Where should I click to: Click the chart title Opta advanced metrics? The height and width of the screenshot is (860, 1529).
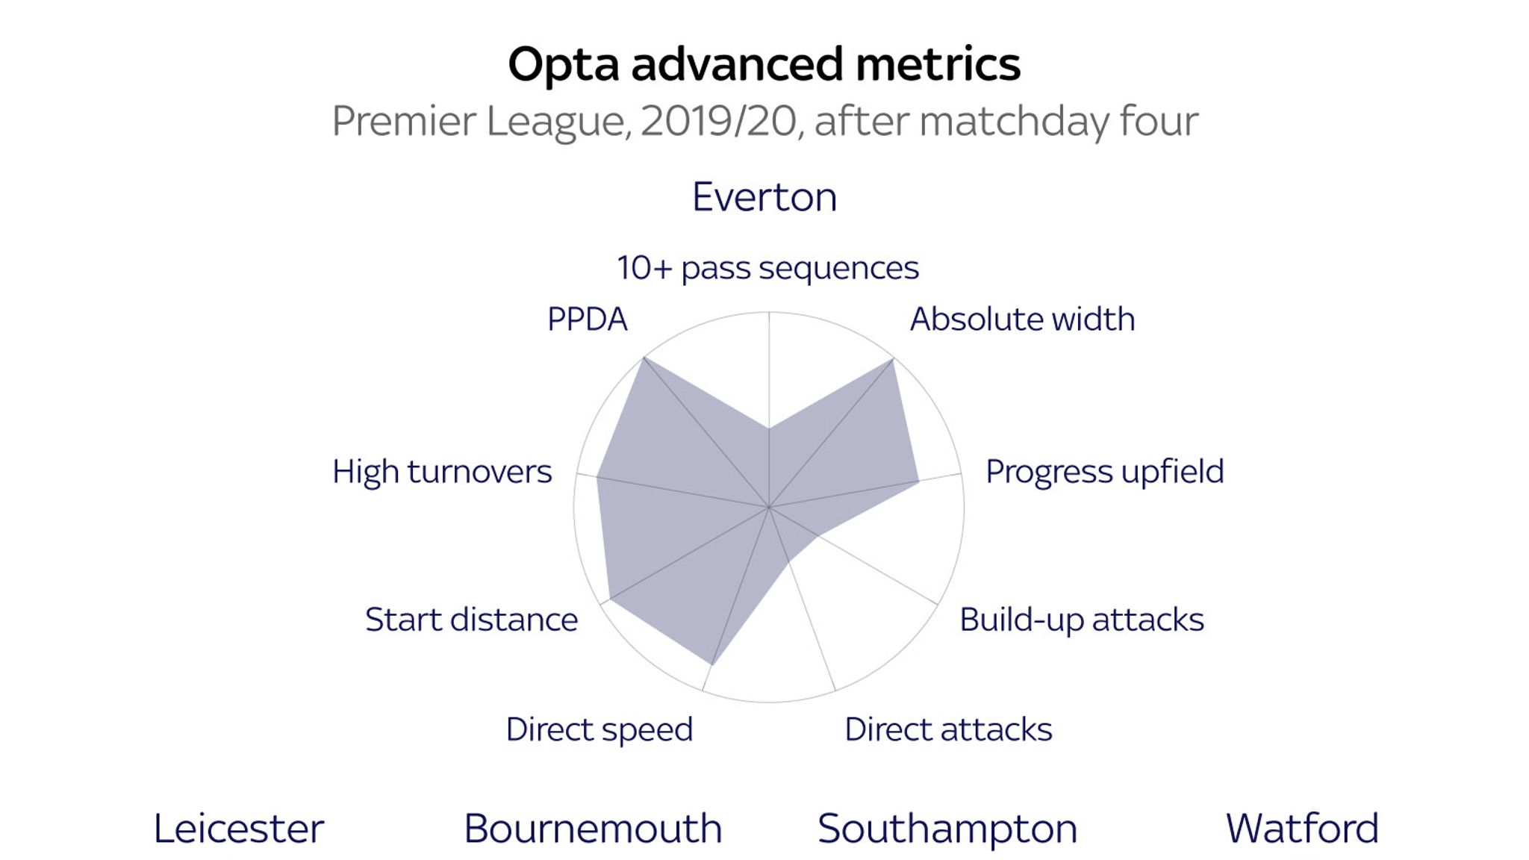click(x=764, y=65)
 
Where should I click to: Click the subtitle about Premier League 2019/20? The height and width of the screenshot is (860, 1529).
click(x=764, y=121)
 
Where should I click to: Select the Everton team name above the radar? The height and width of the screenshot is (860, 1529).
click(x=764, y=197)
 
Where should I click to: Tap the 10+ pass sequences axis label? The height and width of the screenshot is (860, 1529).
click(x=767, y=268)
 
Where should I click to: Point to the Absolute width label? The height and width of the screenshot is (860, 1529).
click(x=1022, y=320)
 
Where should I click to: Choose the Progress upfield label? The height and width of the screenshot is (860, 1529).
click(x=1105, y=472)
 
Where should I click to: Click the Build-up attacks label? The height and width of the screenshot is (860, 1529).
click(x=1082, y=620)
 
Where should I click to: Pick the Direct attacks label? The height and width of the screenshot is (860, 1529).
click(x=948, y=729)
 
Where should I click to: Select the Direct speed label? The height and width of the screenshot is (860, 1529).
click(x=599, y=730)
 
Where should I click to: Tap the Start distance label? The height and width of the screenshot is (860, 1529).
click(x=471, y=620)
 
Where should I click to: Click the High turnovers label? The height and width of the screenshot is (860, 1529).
click(x=442, y=473)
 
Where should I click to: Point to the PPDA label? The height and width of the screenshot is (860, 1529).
click(x=587, y=320)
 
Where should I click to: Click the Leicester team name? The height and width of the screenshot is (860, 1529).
click(x=239, y=829)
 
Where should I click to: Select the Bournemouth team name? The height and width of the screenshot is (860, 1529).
click(x=593, y=829)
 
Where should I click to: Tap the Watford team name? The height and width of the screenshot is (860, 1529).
click(x=1302, y=829)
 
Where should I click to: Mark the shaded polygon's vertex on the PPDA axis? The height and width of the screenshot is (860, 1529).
click(x=644, y=358)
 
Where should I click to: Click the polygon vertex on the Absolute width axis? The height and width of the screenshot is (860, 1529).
click(x=894, y=359)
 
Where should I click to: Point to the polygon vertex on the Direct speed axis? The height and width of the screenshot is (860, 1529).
click(x=713, y=664)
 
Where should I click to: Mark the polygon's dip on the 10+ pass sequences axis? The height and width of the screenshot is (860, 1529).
click(x=769, y=429)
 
